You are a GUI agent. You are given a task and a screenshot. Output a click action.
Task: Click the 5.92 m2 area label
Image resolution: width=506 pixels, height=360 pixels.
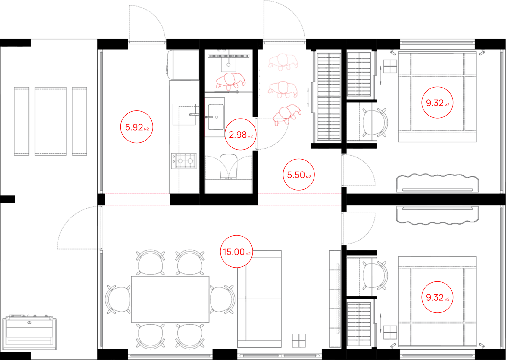click(137, 127)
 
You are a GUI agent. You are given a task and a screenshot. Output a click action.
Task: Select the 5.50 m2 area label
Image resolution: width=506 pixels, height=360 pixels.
click(299, 175)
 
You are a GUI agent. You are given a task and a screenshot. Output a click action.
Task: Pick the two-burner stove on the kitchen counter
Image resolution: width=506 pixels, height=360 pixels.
click(184, 161)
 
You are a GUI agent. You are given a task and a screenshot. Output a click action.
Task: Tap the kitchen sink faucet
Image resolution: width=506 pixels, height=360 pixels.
click(194, 115)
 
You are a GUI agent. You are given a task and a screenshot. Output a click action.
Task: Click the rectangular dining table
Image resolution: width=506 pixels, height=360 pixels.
click(170, 299)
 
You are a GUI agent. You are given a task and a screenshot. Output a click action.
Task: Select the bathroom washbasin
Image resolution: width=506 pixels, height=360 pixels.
click(216, 117)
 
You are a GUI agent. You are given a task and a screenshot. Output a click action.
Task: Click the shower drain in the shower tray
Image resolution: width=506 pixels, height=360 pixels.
click(228, 64)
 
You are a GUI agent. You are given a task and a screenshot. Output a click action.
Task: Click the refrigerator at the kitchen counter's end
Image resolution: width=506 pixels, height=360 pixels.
click(183, 65)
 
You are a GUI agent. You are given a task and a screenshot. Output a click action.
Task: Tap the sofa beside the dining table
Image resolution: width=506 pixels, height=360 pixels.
click(259, 299)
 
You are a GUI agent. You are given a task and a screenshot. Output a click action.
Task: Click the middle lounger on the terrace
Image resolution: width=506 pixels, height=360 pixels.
click(51, 121)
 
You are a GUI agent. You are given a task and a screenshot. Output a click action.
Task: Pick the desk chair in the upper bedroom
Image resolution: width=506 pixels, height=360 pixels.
click(375, 123)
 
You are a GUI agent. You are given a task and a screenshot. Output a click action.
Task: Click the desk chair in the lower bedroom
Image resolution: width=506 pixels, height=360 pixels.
click(375, 275)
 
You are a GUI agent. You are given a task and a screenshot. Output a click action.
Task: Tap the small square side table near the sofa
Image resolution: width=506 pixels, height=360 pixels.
click(299, 341)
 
